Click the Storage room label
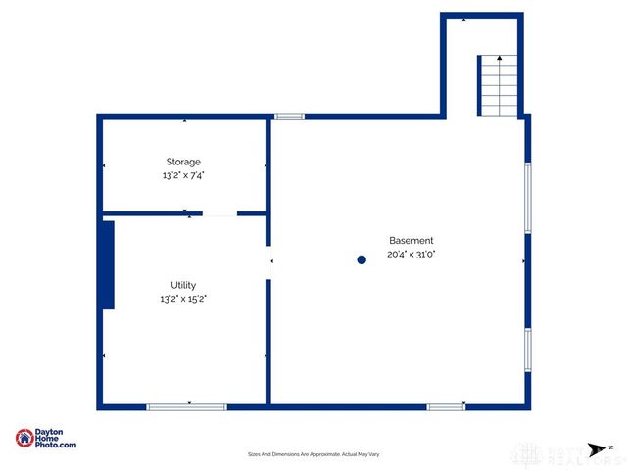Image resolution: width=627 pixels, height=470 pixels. coord(183,162)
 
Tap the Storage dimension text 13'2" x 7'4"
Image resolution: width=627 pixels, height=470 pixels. coord(183,175)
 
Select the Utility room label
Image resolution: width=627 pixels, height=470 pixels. coord(183,285)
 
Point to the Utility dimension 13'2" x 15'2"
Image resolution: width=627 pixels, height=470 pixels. coord(183,299)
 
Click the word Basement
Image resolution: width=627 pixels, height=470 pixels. coord(410,240)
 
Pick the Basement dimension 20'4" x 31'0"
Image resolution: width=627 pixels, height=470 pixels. coord(410,254)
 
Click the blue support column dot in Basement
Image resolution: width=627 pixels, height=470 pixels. coord(362,259)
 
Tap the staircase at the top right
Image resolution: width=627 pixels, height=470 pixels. coord(499,86)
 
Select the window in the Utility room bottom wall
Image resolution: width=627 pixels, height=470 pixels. coord(186,406)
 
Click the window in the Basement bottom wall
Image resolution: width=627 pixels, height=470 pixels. coord(446,406)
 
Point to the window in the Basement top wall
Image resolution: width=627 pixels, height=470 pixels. coord(289,117)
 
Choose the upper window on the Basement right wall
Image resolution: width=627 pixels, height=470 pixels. coord(528,198)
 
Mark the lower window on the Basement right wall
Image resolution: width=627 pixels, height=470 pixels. coord(528,350)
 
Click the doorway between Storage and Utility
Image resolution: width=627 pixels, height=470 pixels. coord(219,212)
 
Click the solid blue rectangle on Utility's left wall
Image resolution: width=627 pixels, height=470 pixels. coord(108,265)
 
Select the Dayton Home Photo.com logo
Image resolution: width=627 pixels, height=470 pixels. coord(46,439)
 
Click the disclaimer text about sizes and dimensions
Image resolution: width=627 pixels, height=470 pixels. coord(313,454)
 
